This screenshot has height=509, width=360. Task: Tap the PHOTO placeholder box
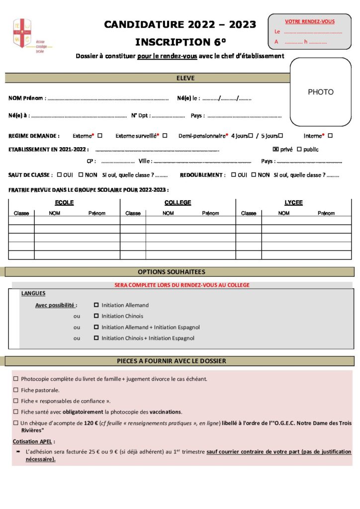click(x=320, y=92)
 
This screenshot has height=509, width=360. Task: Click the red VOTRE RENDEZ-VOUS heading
click(x=309, y=21)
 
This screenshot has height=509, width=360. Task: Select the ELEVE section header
click(x=185, y=78)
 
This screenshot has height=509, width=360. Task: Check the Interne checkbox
click(x=330, y=135)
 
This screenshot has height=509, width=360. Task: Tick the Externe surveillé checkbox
click(x=165, y=135)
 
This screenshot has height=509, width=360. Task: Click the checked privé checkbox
click(x=276, y=149)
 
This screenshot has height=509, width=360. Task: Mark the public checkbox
click(x=299, y=149)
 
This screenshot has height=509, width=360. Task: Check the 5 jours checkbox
click(x=280, y=135)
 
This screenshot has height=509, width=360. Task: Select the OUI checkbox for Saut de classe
click(x=60, y=175)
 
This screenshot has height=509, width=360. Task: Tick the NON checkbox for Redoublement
click(x=254, y=175)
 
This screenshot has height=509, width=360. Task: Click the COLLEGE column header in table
click(x=178, y=203)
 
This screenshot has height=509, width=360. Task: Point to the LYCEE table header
click(x=293, y=203)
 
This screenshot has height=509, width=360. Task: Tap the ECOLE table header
click(x=64, y=203)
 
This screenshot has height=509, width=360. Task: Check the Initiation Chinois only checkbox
click(x=96, y=316)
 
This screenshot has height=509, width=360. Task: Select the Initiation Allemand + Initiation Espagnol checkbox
click(x=96, y=327)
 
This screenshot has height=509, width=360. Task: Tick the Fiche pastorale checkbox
click(x=16, y=390)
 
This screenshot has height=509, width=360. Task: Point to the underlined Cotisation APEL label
click(x=34, y=441)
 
